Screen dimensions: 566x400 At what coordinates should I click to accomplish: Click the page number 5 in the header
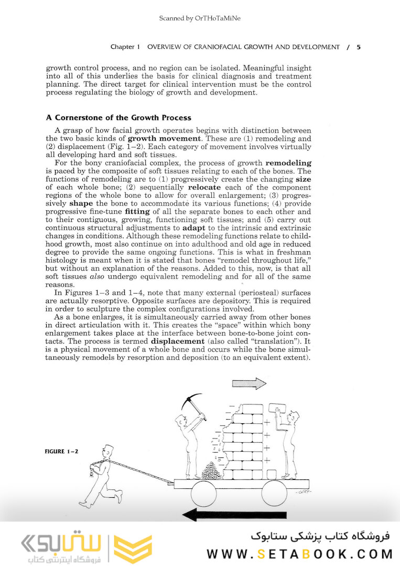point(359,47)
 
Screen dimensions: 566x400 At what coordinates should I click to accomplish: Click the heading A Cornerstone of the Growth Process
point(118,118)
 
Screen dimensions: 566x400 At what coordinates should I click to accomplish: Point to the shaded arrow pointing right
point(249,383)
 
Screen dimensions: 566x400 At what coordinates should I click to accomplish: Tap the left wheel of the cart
point(203,494)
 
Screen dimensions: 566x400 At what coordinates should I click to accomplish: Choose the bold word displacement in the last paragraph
point(181,341)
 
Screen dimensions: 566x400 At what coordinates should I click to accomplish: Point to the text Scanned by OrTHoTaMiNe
point(200,19)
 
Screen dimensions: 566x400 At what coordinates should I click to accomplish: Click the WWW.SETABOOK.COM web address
point(299,553)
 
